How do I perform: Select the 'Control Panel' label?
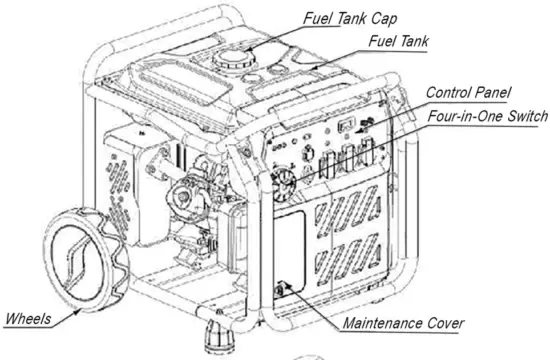pos(467,92)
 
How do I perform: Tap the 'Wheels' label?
pos(31,319)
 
